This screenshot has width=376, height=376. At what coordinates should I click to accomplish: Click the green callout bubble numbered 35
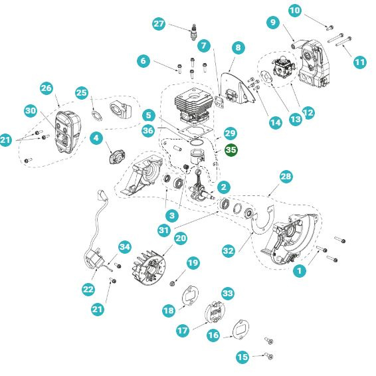231,151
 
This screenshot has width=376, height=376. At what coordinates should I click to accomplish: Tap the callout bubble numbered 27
159,24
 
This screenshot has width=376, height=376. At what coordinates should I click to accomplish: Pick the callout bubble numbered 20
180,238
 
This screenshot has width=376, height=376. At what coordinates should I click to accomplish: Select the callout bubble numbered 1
300,270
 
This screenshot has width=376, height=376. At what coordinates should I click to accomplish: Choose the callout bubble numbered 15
242,357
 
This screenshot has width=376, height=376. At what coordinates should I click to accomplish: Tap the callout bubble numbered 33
228,293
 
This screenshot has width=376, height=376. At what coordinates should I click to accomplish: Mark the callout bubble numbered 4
96,139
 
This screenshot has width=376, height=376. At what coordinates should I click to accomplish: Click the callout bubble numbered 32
229,250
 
